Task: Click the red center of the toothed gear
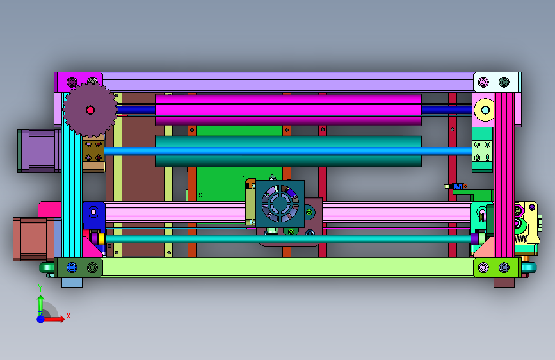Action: click(90, 110)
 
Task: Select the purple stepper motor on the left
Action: click(40, 151)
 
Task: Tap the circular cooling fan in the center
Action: click(280, 204)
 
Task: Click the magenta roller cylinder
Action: click(288, 110)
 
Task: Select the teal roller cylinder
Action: click(288, 151)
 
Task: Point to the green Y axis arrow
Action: click(41, 303)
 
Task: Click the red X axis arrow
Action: click(53, 319)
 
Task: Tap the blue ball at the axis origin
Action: click(41, 319)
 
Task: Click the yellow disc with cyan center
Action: click(485, 110)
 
